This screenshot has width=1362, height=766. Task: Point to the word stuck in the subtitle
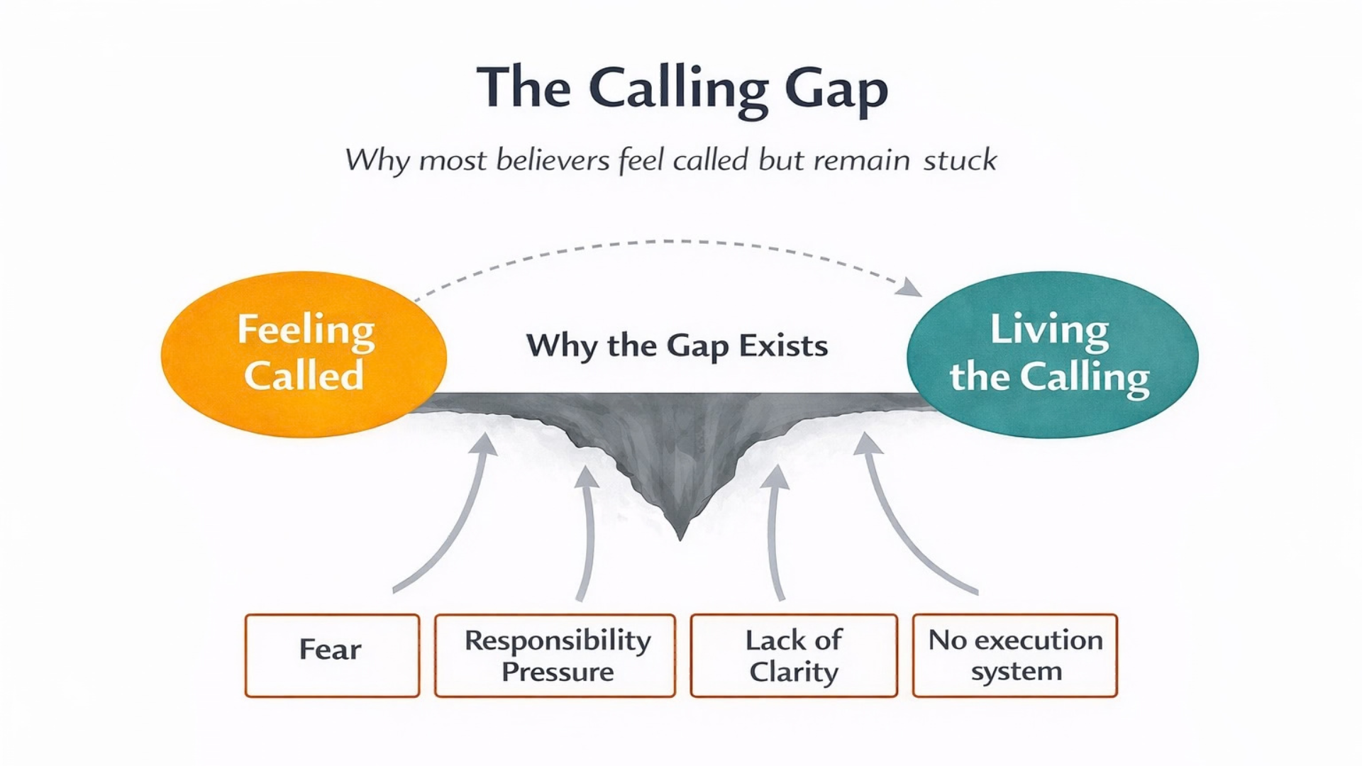click(960, 160)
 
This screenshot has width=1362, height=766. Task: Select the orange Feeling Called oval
click(304, 354)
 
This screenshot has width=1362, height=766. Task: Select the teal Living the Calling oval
click(1053, 355)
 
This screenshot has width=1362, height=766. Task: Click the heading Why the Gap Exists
click(677, 346)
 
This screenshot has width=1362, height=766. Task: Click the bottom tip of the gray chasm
click(680, 540)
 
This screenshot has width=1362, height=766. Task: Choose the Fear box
click(332, 655)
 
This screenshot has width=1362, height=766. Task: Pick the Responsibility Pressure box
click(555, 655)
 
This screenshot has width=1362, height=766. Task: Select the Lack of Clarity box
click(794, 655)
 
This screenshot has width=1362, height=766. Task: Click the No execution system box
click(1015, 655)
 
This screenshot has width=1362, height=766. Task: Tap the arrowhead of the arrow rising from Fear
click(485, 444)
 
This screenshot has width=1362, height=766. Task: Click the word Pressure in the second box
click(558, 672)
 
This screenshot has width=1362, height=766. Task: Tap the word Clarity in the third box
click(794, 672)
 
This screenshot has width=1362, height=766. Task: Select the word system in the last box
click(1017, 671)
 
